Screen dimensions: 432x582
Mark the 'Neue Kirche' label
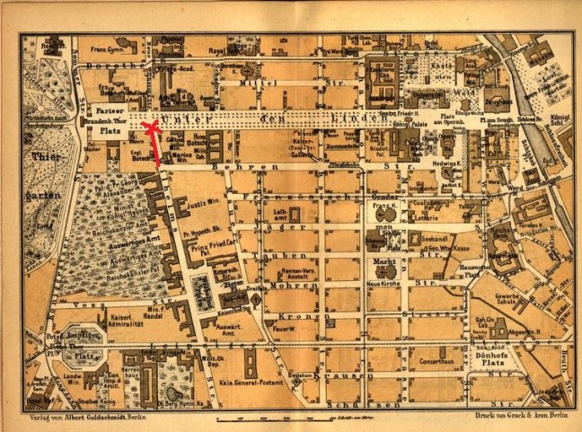[x=384, y=284]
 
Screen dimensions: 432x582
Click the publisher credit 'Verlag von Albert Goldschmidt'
[x=75, y=419]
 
